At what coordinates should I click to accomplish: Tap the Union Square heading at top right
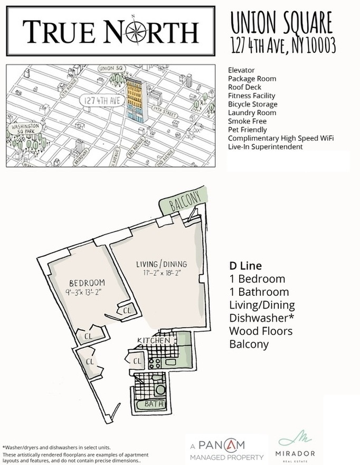(282, 22)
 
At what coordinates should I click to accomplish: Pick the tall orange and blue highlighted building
(135, 99)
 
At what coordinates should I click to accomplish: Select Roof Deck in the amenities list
(244, 87)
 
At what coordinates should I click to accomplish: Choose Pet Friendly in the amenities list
(247, 129)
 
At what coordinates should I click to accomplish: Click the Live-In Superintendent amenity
(265, 146)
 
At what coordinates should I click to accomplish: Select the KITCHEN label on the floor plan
(154, 340)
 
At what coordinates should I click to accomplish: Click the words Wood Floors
(261, 331)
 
